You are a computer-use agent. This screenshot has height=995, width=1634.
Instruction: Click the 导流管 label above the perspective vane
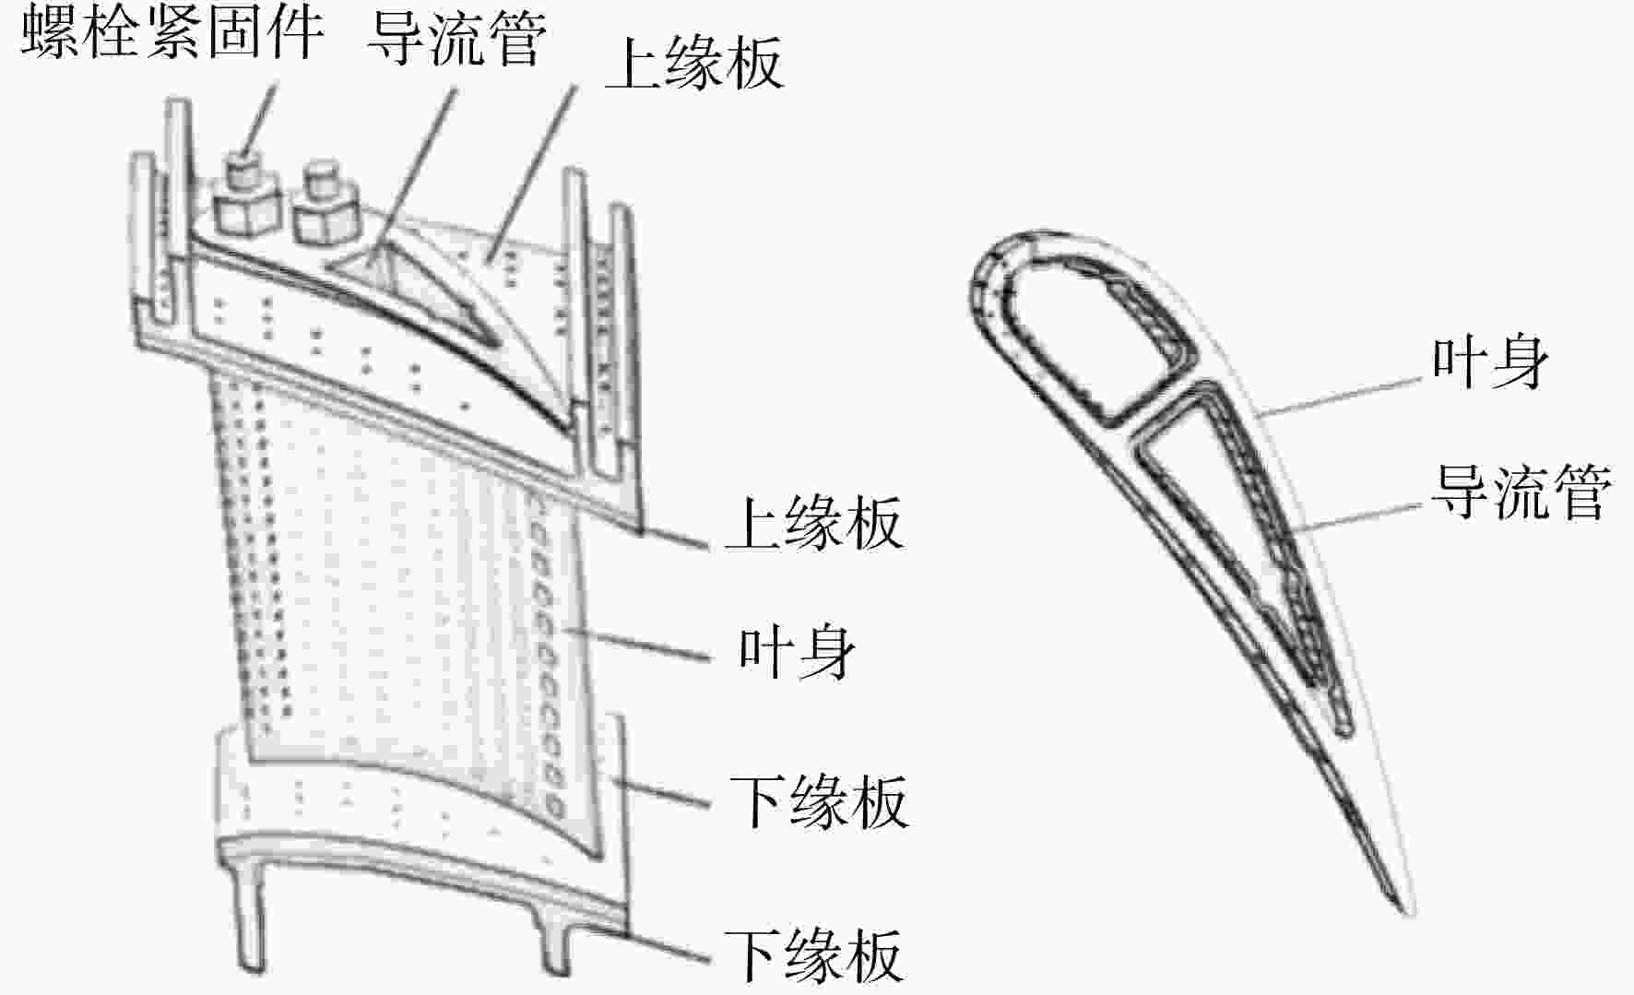[457, 38]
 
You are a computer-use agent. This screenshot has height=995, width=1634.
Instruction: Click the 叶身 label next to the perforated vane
[798, 652]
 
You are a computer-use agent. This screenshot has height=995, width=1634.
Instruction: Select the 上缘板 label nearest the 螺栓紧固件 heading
[694, 63]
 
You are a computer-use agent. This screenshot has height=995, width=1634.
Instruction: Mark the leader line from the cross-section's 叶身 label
[1343, 397]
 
